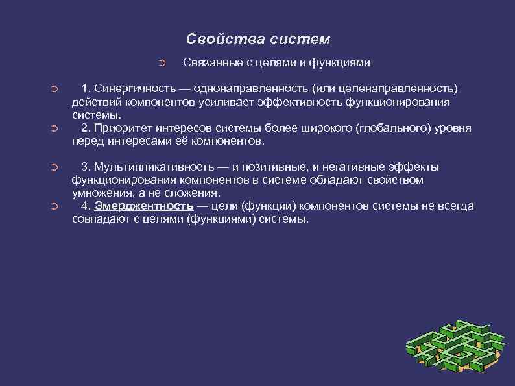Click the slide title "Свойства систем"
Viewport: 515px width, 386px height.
click(x=258, y=39)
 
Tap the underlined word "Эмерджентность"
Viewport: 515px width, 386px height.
click(x=144, y=206)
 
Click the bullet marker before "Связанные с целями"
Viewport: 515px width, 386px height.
click(x=163, y=64)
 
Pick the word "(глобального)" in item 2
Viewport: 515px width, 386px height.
click(x=390, y=128)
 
